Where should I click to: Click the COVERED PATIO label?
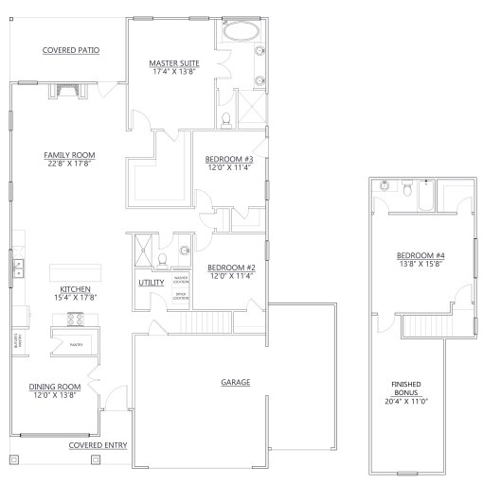71,50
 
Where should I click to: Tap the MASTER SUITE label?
173,63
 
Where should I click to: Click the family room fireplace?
64,91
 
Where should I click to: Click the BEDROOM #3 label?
229,160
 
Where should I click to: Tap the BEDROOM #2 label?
231,268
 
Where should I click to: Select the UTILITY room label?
152,282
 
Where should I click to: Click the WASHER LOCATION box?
181,280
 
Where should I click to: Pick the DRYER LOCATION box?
181,297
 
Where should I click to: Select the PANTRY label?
76,345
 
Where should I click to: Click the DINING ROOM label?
53,386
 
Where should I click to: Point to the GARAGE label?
236,382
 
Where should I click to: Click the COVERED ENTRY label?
98,443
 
